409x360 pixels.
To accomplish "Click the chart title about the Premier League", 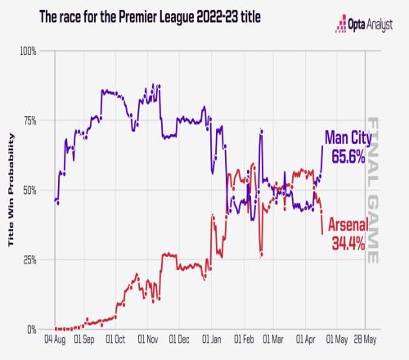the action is (x=150, y=17).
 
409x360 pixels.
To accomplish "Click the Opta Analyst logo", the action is (x=364, y=24).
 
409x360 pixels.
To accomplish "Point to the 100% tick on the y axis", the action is (x=28, y=51).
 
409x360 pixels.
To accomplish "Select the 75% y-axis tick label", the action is (x=29, y=120).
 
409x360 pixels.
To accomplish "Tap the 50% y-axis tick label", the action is (x=29, y=191).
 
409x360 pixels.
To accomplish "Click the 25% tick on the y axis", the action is (x=29, y=260).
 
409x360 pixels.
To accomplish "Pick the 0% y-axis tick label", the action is (x=32, y=330).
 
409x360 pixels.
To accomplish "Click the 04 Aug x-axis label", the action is (x=55, y=340).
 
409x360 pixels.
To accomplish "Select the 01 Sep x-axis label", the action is (x=84, y=340).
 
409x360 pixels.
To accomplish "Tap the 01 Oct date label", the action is (x=115, y=340).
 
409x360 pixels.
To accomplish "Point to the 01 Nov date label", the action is (x=148, y=340).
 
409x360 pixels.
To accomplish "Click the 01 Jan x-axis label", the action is (x=212, y=340).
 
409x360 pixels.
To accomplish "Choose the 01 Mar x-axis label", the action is (x=273, y=340).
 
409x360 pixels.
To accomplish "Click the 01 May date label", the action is (x=337, y=340).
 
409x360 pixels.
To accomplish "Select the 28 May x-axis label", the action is (x=365, y=340).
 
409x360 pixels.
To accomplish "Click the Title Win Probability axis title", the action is (x=11, y=190).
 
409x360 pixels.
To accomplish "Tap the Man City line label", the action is (x=348, y=137).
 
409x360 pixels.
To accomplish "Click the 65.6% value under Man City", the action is (x=348, y=156).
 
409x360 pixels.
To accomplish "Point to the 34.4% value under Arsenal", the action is (x=348, y=243).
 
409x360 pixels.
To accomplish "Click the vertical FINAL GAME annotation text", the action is (x=373, y=190).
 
